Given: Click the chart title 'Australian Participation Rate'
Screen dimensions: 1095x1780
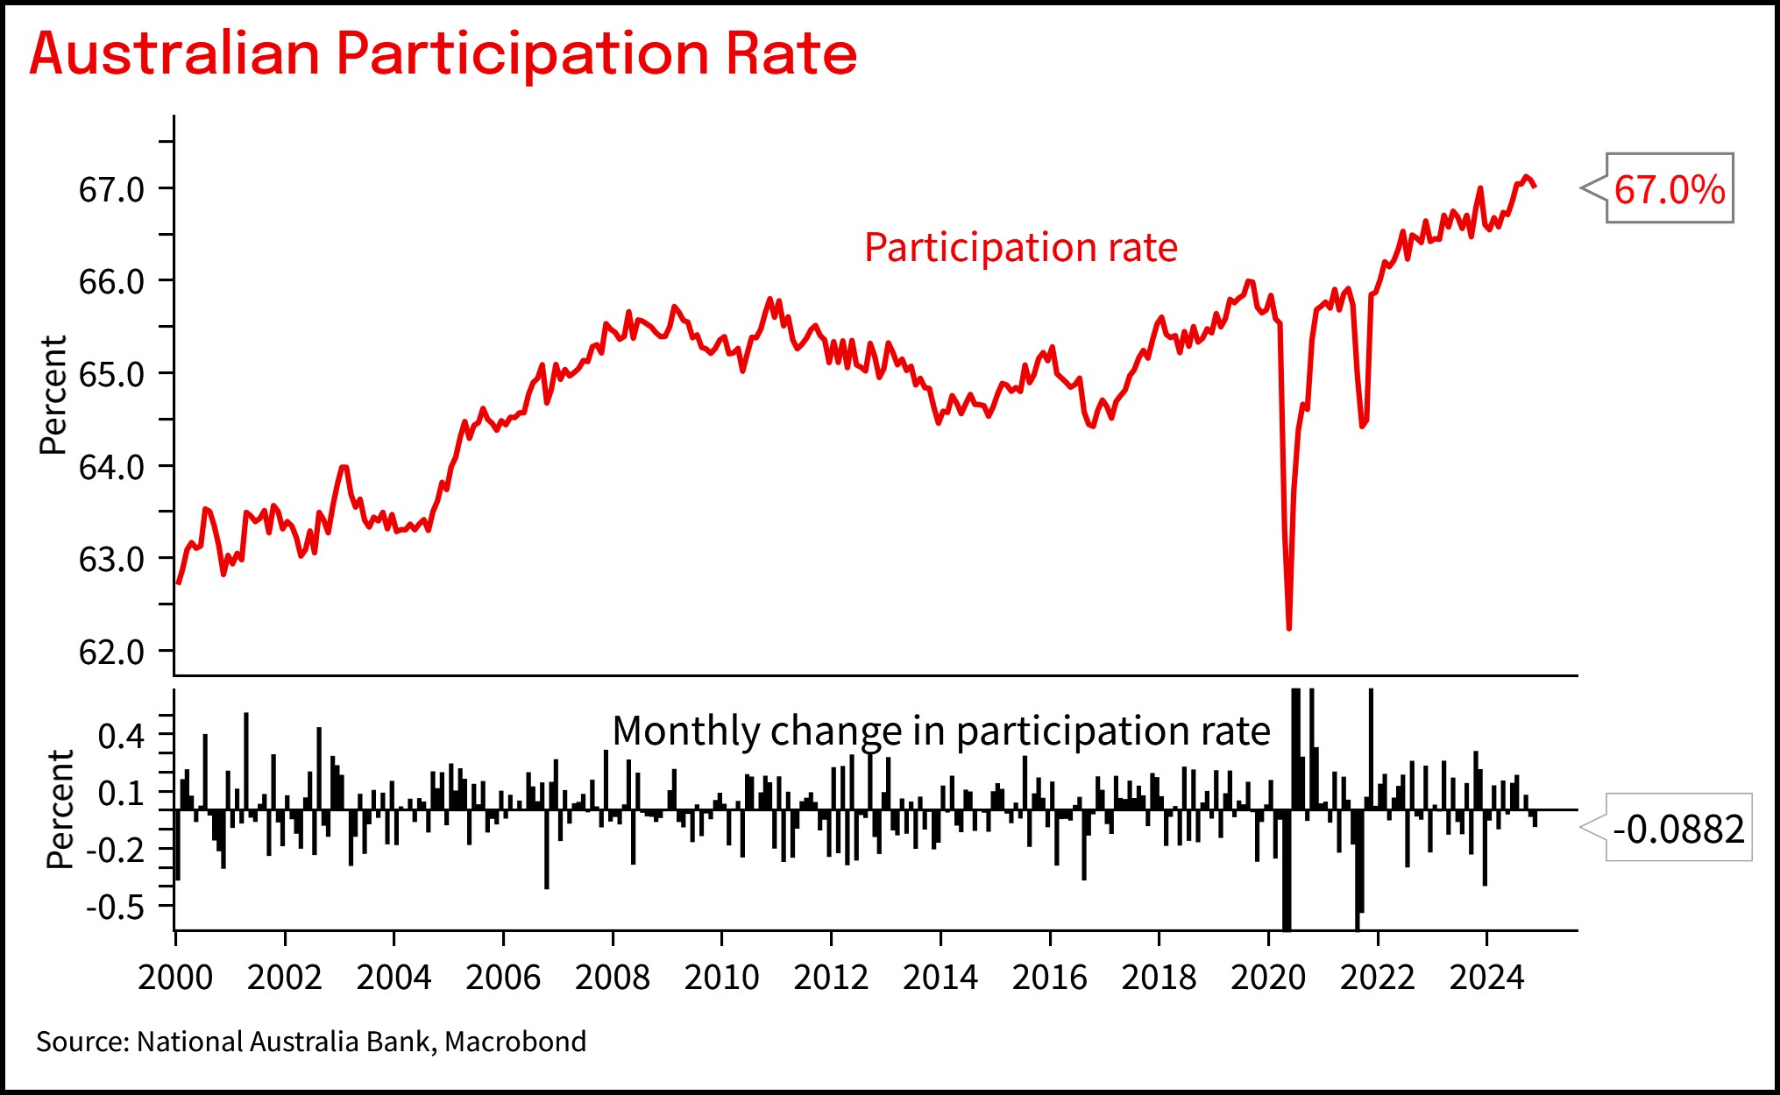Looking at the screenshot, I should pyautogui.click(x=443, y=54).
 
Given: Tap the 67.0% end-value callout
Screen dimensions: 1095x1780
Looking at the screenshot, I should pyautogui.click(x=1669, y=189).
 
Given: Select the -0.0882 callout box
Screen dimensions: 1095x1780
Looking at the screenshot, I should pyautogui.click(x=1677, y=829).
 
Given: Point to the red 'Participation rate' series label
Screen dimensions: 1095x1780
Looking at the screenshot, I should pyautogui.click(x=1020, y=248).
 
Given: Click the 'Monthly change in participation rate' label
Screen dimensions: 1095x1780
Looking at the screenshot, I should pyautogui.click(x=940, y=731).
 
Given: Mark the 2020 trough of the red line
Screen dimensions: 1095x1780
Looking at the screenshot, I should pyautogui.click(x=1288, y=627).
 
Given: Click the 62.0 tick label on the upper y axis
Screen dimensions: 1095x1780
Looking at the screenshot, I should pyautogui.click(x=111, y=653).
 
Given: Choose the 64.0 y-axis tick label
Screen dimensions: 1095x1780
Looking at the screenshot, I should pyautogui.click(x=111, y=468).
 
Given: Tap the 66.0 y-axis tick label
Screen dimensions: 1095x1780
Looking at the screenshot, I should pyautogui.click(x=111, y=282).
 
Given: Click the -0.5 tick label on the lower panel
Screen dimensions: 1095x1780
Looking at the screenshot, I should pyautogui.click(x=115, y=907).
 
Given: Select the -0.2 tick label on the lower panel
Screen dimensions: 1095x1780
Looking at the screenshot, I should pyautogui.click(x=115, y=850).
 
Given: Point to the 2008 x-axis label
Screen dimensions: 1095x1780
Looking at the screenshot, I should pyautogui.click(x=612, y=978).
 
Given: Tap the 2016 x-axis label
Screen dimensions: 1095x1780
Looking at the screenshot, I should pyautogui.click(x=1049, y=978).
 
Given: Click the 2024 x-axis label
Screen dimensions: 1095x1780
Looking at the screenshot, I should pyautogui.click(x=1486, y=978).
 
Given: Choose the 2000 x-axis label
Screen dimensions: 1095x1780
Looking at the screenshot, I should pyautogui.click(x=175, y=978).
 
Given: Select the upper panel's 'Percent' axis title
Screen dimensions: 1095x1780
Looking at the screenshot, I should pyautogui.click(x=53, y=394).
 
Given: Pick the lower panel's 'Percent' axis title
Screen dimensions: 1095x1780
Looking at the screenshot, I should pyautogui.click(x=60, y=809).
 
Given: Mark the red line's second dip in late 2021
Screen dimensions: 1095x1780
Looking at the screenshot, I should pyautogui.click(x=1363, y=426).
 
